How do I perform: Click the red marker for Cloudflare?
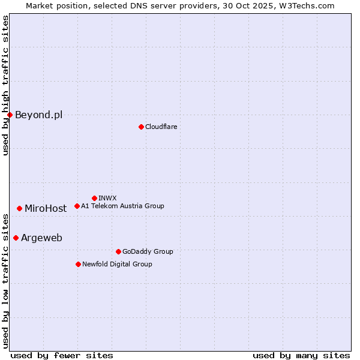click(141, 127)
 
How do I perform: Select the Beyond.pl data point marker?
click(10, 115)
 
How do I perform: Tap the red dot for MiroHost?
click(20, 208)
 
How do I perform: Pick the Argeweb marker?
click(16, 238)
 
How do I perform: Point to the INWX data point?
click(94, 198)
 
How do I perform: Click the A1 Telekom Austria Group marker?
click(77, 206)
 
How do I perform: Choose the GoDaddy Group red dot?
click(118, 251)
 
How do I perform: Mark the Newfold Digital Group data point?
click(78, 264)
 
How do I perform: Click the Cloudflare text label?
click(161, 127)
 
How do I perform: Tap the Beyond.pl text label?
click(38, 115)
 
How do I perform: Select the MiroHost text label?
click(46, 208)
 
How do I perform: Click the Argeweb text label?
click(41, 238)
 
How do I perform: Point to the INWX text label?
click(107, 198)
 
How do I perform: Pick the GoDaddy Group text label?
click(148, 251)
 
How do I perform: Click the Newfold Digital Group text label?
click(117, 264)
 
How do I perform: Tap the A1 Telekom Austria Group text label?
click(122, 206)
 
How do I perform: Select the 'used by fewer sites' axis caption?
click(62, 355)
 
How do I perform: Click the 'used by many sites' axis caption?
click(301, 355)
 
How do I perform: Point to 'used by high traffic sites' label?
click(5, 86)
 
